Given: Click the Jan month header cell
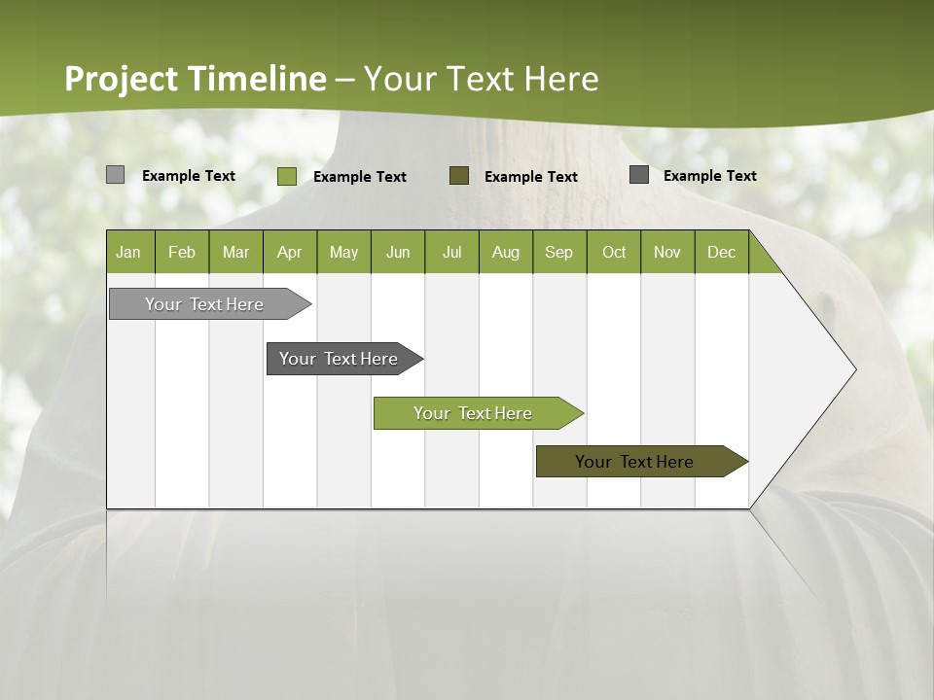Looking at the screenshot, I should [129, 252].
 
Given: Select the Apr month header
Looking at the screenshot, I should [290, 252].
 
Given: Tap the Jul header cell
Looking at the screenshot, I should [451, 252].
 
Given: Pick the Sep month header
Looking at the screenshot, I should [558, 252].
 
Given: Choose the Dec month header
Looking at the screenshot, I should [721, 252].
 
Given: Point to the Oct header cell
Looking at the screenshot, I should [614, 252].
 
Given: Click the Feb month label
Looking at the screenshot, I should [182, 252].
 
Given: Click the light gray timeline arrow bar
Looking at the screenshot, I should [204, 304].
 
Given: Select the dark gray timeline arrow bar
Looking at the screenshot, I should [339, 359].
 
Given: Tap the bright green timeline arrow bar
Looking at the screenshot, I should [473, 413].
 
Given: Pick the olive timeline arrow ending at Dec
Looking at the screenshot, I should [634, 462].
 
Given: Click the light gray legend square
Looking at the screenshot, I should [115, 175].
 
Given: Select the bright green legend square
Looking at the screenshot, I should [286, 176].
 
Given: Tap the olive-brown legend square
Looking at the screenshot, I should [459, 175].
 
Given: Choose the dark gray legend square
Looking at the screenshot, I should [639, 174].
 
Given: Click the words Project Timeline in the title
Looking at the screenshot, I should [195, 79].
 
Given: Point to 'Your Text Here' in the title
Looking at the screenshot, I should [482, 79].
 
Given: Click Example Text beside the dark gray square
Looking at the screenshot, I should [709, 175].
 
